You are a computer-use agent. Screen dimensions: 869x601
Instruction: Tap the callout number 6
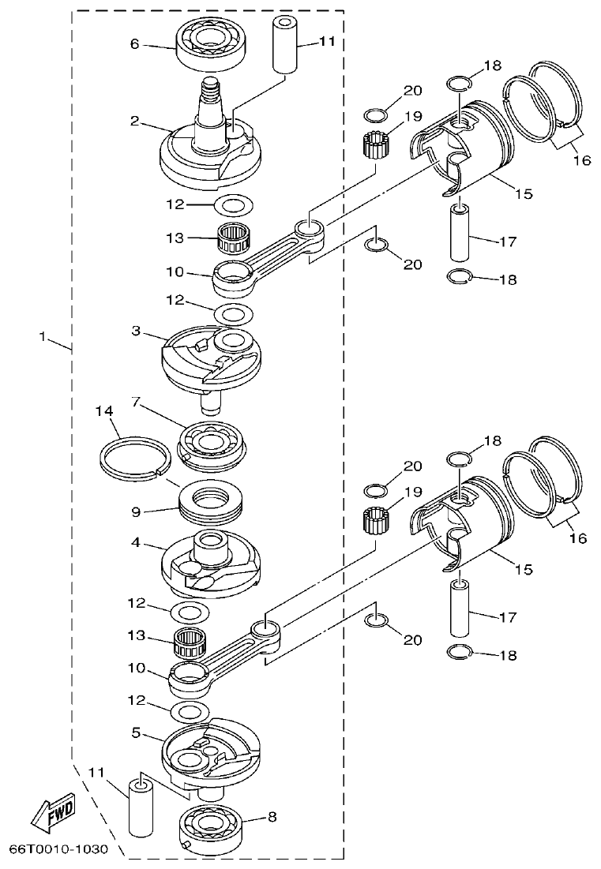(134, 45)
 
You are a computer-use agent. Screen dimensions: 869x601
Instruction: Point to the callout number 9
(136, 512)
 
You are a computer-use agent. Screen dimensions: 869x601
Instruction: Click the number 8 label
(272, 818)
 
